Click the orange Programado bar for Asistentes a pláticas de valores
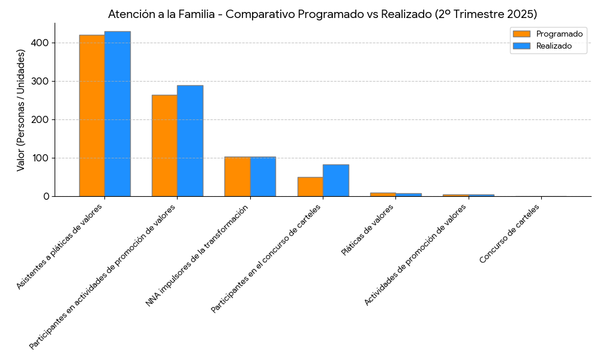click(x=92, y=116)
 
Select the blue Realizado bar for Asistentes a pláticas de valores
click(x=118, y=114)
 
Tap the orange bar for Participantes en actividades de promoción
click(x=164, y=146)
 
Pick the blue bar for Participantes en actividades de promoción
click(x=190, y=141)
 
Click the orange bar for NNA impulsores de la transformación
click(x=237, y=176)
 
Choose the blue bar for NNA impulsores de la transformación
click(x=263, y=176)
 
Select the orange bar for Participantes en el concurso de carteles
click(x=310, y=187)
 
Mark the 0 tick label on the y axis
click(x=46, y=196)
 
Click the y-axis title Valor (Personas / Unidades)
click(x=21, y=110)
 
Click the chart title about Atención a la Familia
click(x=322, y=14)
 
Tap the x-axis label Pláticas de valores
click(x=367, y=230)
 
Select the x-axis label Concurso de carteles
click(x=509, y=233)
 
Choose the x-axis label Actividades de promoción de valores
click(x=415, y=254)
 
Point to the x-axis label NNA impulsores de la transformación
click(x=197, y=255)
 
